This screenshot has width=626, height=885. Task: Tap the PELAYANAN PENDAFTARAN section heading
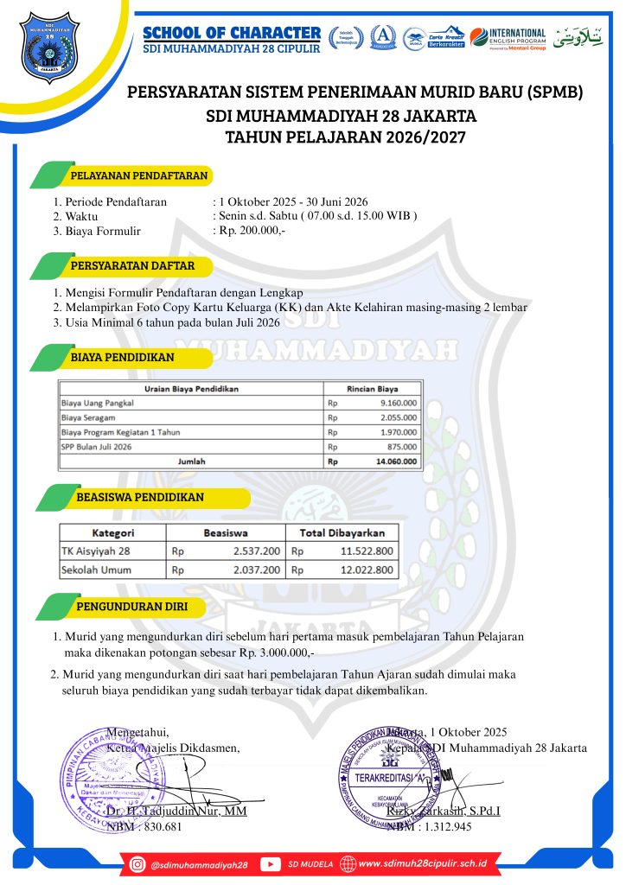[x=138, y=175]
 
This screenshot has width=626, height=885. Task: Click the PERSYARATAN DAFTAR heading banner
[x=132, y=265]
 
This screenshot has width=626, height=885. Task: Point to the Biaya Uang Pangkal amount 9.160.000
[x=399, y=403]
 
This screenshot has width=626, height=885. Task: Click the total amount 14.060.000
[x=397, y=462]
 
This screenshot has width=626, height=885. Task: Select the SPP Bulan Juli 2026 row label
[x=96, y=447]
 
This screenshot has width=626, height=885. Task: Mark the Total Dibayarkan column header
[x=342, y=532]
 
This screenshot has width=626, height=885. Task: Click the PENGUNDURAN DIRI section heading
[x=131, y=606]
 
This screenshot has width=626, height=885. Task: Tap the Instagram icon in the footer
[x=137, y=863]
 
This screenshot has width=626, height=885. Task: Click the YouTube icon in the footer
[x=270, y=863]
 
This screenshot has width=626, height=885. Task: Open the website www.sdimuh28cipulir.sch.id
[x=422, y=863]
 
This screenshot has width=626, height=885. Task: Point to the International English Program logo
[x=508, y=37]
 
